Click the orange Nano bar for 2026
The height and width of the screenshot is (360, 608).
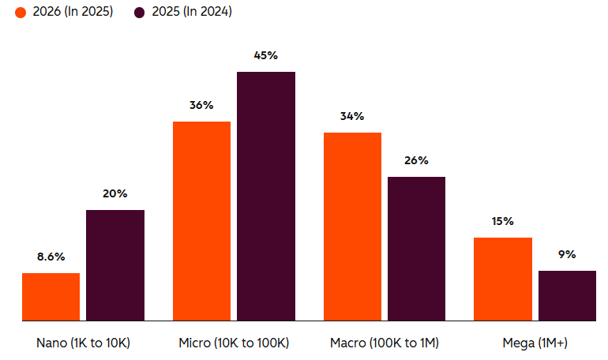pyautogui.click(x=51, y=297)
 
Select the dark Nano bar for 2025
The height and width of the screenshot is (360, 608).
pyautogui.click(x=115, y=265)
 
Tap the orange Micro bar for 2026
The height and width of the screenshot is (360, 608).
pyautogui.click(x=201, y=221)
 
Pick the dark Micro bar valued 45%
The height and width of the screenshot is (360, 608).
pyautogui.click(x=266, y=196)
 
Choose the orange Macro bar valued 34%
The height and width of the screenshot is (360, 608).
pyautogui.click(x=352, y=227)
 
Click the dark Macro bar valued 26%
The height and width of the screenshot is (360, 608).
pyautogui.click(x=416, y=249)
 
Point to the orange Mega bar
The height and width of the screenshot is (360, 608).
pyautogui.click(x=502, y=279)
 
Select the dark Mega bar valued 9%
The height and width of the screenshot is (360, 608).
pyautogui.click(x=567, y=295)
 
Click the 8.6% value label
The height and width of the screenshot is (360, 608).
pyautogui.click(x=51, y=257)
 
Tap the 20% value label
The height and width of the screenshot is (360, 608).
pyautogui.click(x=115, y=193)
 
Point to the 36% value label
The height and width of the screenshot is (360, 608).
pyautogui.click(x=201, y=105)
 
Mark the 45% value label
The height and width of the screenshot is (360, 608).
pyautogui.click(x=266, y=55)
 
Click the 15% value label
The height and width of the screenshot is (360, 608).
pyautogui.click(x=502, y=221)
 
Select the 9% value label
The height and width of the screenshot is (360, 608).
pyautogui.click(x=567, y=254)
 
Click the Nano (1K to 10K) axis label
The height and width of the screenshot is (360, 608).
pyautogui.click(x=83, y=343)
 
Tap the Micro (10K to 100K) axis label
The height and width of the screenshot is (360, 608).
pyautogui.click(x=234, y=343)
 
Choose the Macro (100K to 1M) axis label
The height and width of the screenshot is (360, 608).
pyautogui.click(x=385, y=343)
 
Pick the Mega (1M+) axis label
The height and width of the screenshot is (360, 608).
pyautogui.click(x=535, y=343)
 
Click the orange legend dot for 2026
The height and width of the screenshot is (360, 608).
pyautogui.click(x=21, y=12)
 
